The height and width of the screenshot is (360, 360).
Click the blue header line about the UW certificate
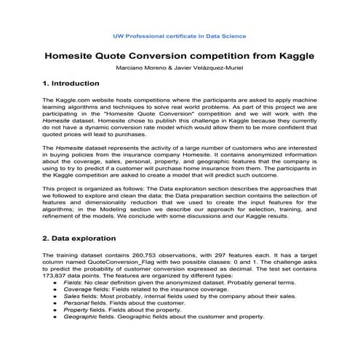(180, 36)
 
